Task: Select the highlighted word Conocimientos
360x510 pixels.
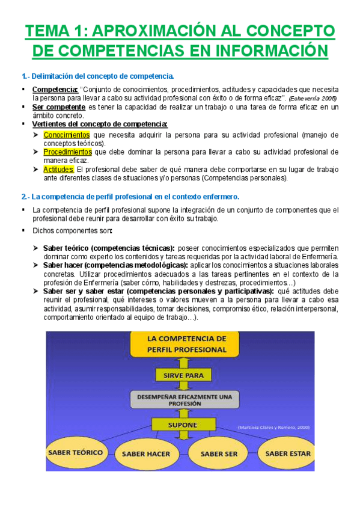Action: tap(67, 135)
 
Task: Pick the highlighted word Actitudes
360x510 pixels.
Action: tap(58, 170)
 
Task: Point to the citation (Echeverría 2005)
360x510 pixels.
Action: tap(313, 98)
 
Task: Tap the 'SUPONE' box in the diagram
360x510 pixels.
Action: tap(182, 425)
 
